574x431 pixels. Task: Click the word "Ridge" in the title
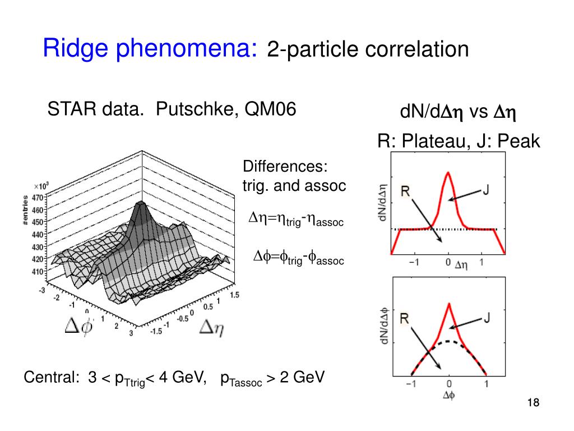click(x=76, y=49)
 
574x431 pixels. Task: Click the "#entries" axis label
click(x=26, y=210)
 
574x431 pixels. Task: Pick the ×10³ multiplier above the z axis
click(x=41, y=186)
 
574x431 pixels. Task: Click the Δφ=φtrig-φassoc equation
click(x=298, y=258)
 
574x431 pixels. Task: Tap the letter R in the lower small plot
click(x=405, y=319)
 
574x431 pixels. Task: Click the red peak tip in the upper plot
click(x=448, y=172)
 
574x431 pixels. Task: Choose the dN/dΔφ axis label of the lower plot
click(x=383, y=325)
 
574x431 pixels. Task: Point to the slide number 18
click(x=533, y=403)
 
